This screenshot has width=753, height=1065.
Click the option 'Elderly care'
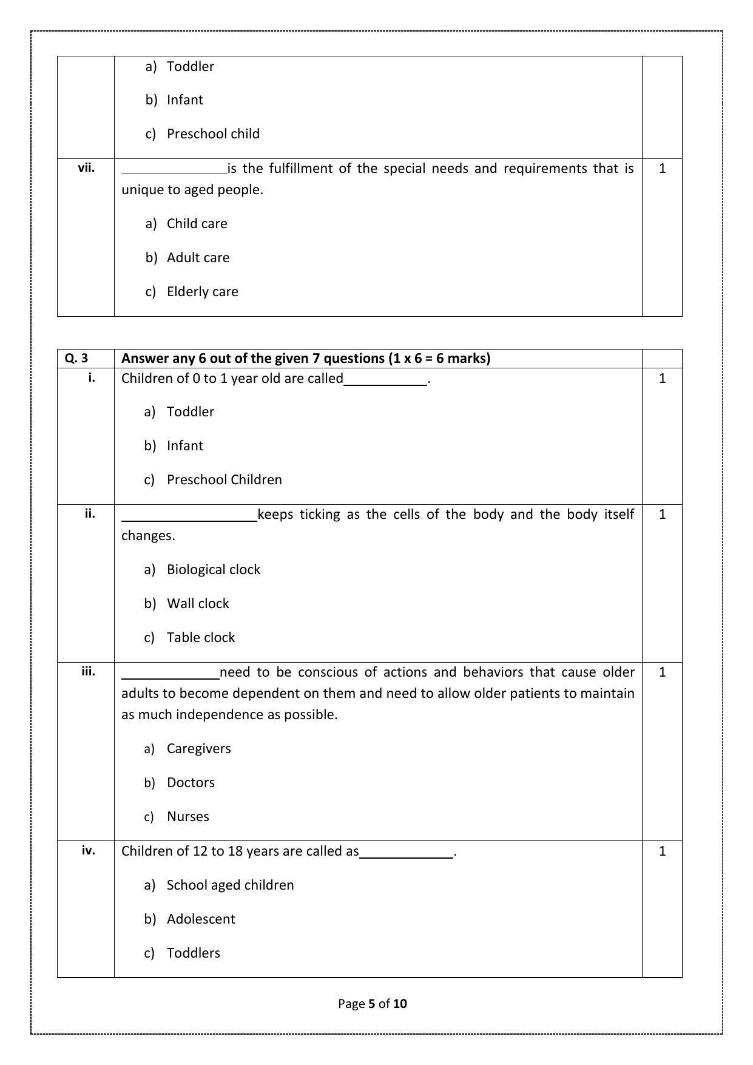point(202,292)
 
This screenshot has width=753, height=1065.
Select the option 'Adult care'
point(198,258)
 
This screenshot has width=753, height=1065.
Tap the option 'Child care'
point(197,224)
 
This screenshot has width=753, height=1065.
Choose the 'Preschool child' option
point(213,134)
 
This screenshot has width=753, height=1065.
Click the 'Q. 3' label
point(76,359)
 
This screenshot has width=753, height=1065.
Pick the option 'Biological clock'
point(213,570)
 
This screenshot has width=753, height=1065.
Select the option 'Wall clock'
point(198,604)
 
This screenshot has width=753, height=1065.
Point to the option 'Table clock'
point(200,638)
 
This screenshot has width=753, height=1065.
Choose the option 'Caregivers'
point(198,749)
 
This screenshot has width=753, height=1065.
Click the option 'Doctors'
point(191,783)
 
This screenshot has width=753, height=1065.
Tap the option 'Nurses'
point(187,817)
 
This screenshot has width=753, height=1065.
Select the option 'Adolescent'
point(200,919)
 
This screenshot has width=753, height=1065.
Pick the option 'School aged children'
point(230,885)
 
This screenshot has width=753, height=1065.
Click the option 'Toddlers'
point(193,953)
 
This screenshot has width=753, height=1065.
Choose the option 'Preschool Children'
point(224,480)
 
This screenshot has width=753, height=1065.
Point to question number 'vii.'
point(86,168)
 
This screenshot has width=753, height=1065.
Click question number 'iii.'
point(88,672)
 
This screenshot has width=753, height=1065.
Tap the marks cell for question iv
point(662,851)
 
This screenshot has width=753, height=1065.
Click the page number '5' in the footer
point(371,1004)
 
